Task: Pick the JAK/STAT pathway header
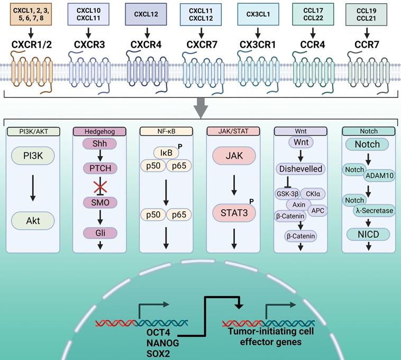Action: point(233,131)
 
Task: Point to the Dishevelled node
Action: point(299,169)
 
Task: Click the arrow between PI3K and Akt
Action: point(33,189)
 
